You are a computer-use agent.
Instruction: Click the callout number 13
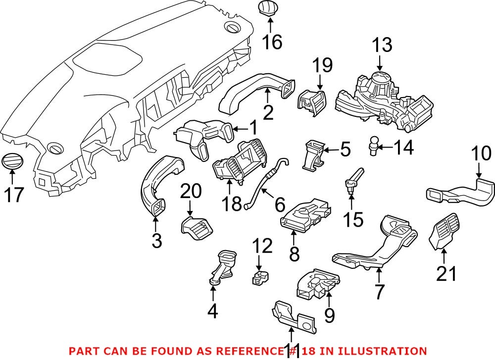point(382,46)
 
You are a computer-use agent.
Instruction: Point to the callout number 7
point(379,291)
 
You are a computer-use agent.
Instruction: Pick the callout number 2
point(268,112)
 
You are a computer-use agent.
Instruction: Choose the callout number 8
point(295,254)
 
